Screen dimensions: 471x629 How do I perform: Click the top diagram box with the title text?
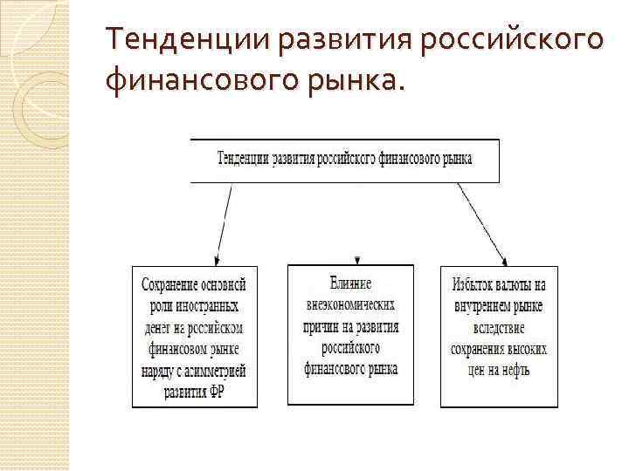tap(345, 160)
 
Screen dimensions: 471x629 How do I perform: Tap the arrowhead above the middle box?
tap(357, 259)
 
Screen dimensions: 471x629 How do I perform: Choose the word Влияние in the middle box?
tap(351, 283)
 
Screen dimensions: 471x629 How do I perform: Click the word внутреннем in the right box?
tap(483, 306)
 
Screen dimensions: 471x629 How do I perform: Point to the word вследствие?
tap(500, 327)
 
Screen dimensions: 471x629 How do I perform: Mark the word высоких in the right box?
tap(528, 349)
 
